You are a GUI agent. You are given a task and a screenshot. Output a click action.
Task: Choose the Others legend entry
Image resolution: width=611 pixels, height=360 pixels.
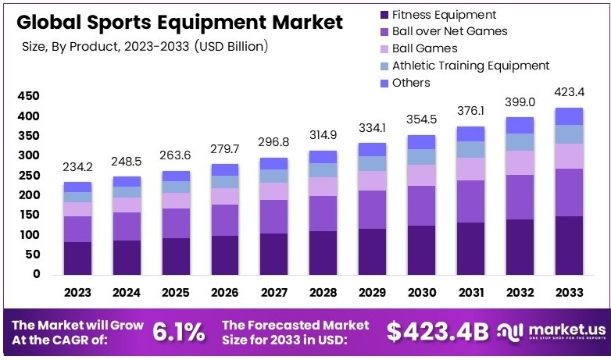411,83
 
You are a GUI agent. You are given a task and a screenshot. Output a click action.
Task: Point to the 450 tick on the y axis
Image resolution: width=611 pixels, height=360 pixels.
27,96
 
